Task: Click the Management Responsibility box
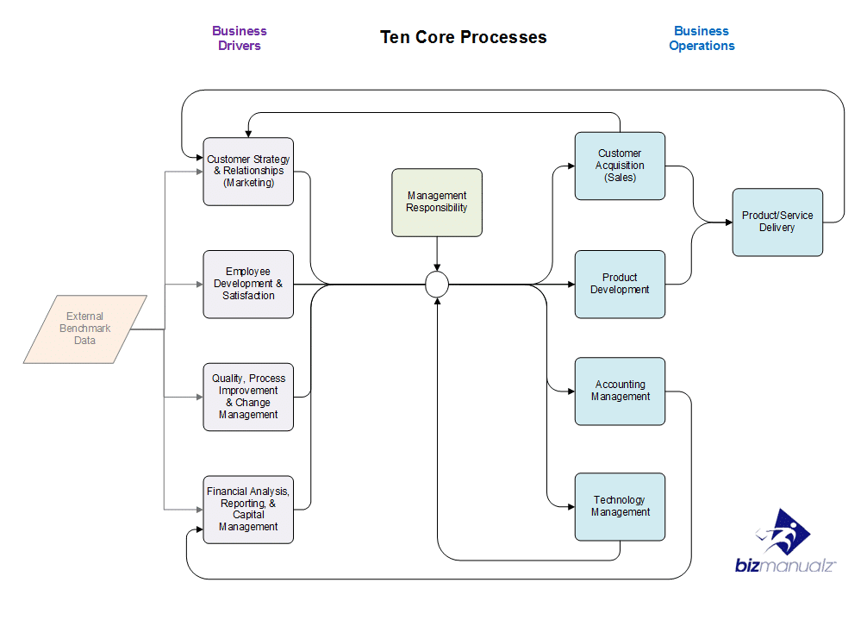[x=437, y=203]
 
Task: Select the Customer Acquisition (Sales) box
[x=620, y=166]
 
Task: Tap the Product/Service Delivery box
[x=777, y=222]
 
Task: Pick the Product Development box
[x=620, y=285]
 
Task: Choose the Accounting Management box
[x=620, y=391]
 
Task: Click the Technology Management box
[x=620, y=507]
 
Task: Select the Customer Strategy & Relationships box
[x=248, y=172]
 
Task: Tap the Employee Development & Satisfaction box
[x=248, y=285]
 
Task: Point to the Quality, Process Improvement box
[x=248, y=398]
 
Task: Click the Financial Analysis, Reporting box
[x=248, y=510]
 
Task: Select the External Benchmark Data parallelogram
[x=85, y=329]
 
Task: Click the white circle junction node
[x=437, y=285]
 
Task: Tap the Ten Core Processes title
[x=464, y=37]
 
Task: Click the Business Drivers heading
[x=240, y=38]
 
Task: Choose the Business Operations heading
[x=702, y=38]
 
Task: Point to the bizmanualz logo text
[x=785, y=566]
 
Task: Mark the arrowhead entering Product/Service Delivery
[x=729, y=222]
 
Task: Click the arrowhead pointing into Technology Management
[x=571, y=507]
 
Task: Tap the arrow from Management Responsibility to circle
[x=437, y=254]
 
